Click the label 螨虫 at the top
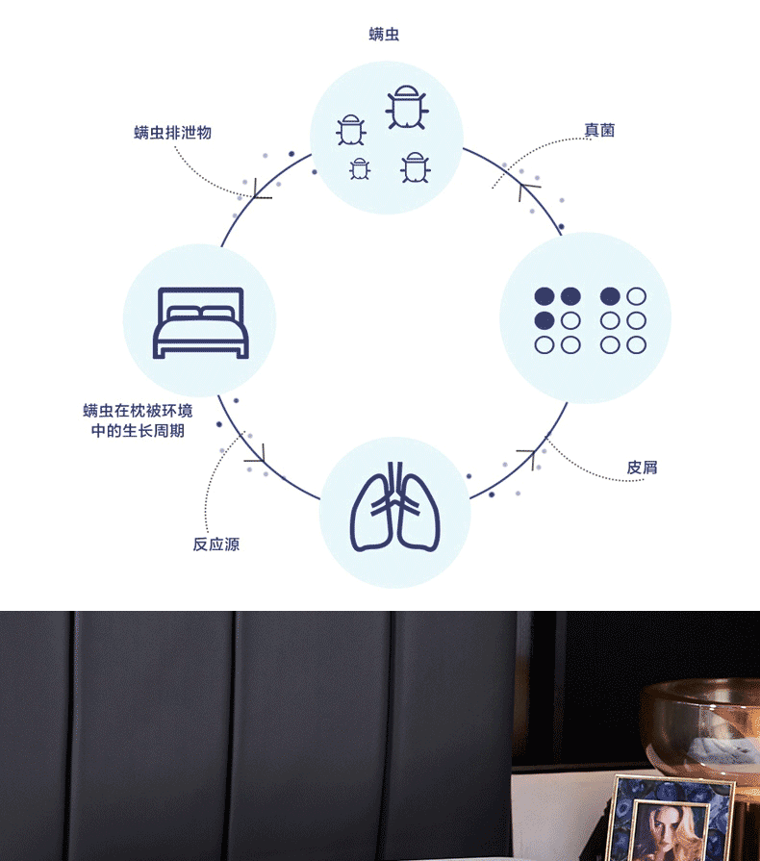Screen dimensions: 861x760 tap(384, 35)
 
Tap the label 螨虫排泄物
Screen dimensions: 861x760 tap(172, 133)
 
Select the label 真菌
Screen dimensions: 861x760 tap(599, 130)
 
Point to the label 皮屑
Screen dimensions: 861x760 tap(642, 468)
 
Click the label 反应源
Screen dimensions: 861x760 tap(215, 544)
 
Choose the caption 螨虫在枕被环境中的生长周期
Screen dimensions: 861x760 tap(138, 420)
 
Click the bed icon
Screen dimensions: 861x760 tap(200, 321)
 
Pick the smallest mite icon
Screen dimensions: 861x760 tap(360, 168)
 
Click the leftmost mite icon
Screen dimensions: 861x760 tap(351, 129)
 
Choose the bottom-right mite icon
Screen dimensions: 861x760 tap(416, 166)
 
